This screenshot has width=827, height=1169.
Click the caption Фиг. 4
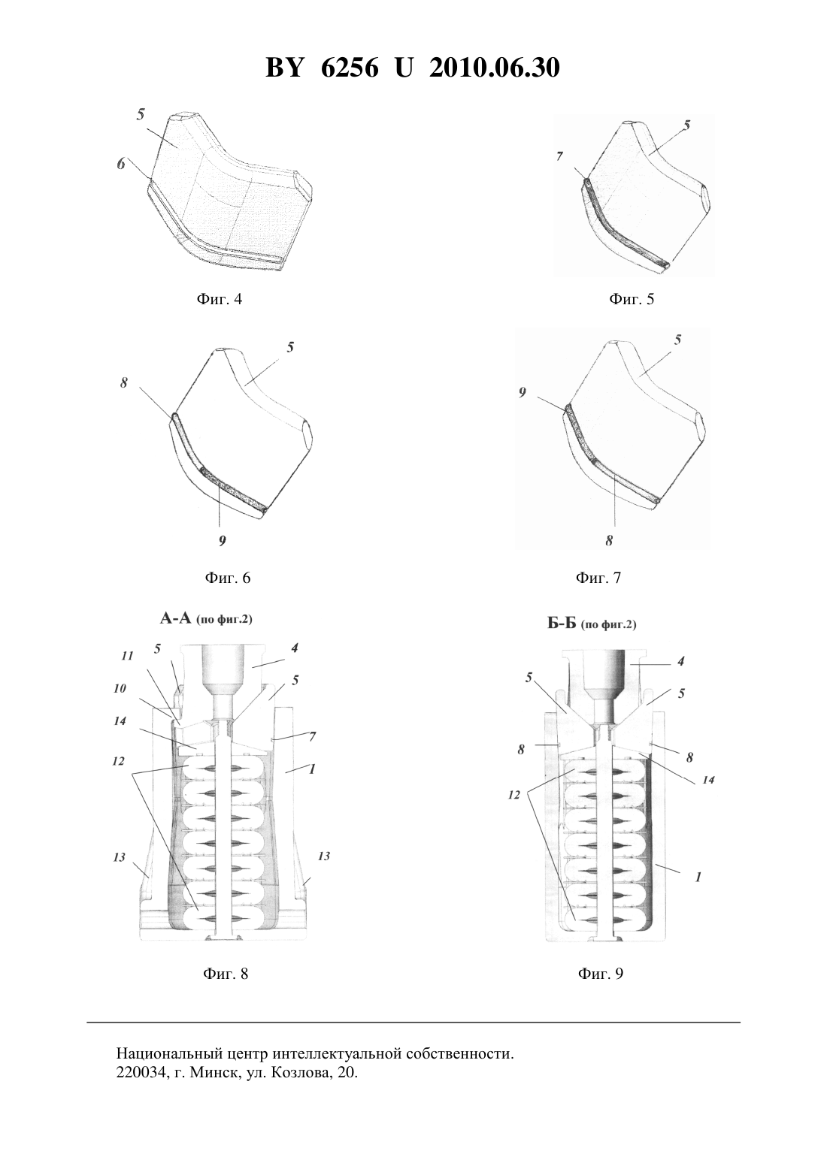coord(220,299)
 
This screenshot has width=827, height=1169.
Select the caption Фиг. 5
coord(632,299)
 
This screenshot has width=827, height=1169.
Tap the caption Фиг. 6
coord(228,578)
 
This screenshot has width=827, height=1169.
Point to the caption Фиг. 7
coord(598,578)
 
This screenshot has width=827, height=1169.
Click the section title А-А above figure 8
coord(175,619)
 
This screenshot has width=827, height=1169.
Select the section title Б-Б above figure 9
coord(562,624)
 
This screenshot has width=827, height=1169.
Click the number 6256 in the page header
coord(349,68)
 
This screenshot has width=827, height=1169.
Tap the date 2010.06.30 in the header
coord(495,68)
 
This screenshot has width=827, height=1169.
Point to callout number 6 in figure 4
coord(121,164)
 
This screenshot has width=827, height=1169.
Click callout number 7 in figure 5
coord(559,156)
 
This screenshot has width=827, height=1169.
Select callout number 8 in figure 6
coord(124,383)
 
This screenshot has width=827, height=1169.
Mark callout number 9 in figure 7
coord(522,393)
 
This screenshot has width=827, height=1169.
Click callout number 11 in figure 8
coord(127,656)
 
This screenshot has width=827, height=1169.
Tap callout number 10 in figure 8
coord(120,688)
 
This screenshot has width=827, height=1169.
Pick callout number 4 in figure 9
coord(680,661)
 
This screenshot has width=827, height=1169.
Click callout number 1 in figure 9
coord(698,878)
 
